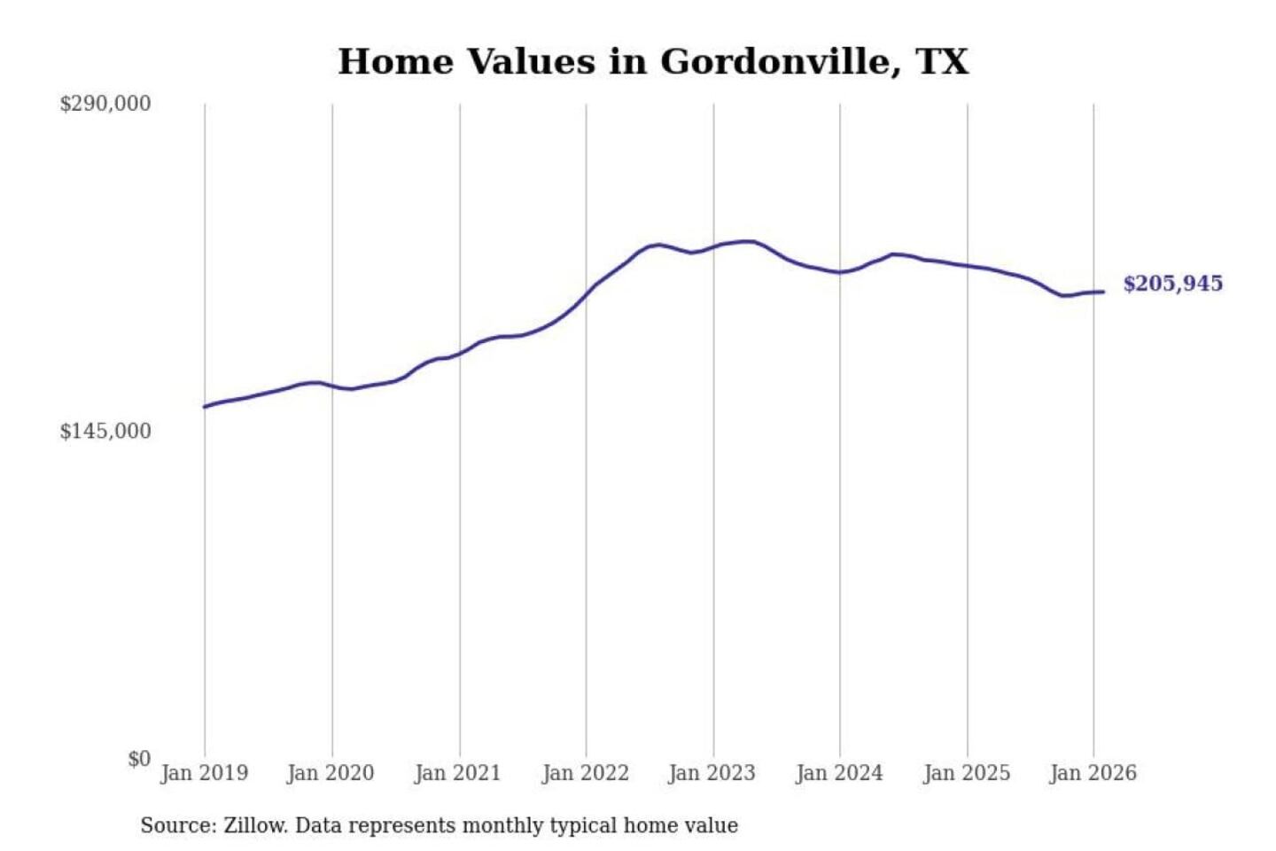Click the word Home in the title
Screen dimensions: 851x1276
pyautogui.click(x=396, y=62)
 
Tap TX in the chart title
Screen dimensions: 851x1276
pyautogui.click(x=942, y=62)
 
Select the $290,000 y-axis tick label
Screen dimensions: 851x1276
pyautogui.click(x=105, y=104)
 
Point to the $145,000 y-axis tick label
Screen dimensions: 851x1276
pyautogui.click(x=105, y=432)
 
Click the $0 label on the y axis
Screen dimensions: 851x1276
pyautogui.click(x=139, y=759)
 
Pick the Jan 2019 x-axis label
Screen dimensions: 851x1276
pyautogui.click(x=204, y=773)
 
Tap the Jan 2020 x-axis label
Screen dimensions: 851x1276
pyautogui.click(x=331, y=773)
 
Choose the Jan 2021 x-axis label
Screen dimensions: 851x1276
pyautogui.click(x=458, y=773)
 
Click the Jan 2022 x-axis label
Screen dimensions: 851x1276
pyautogui.click(x=585, y=773)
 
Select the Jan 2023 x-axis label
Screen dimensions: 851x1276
pyautogui.click(x=712, y=773)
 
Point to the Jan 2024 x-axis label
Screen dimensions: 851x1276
pyautogui.click(x=839, y=773)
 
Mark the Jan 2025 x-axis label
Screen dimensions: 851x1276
pyautogui.click(x=966, y=773)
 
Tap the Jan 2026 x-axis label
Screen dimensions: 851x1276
pyautogui.click(x=1093, y=773)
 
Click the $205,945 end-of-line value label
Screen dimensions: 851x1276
pyautogui.click(x=1172, y=284)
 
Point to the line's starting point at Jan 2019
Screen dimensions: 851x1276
pyautogui.click(x=205, y=407)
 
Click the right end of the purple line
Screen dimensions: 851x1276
pyautogui.click(x=1103, y=292)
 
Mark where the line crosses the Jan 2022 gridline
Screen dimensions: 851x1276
pyautogui.click(x=586, y=294)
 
